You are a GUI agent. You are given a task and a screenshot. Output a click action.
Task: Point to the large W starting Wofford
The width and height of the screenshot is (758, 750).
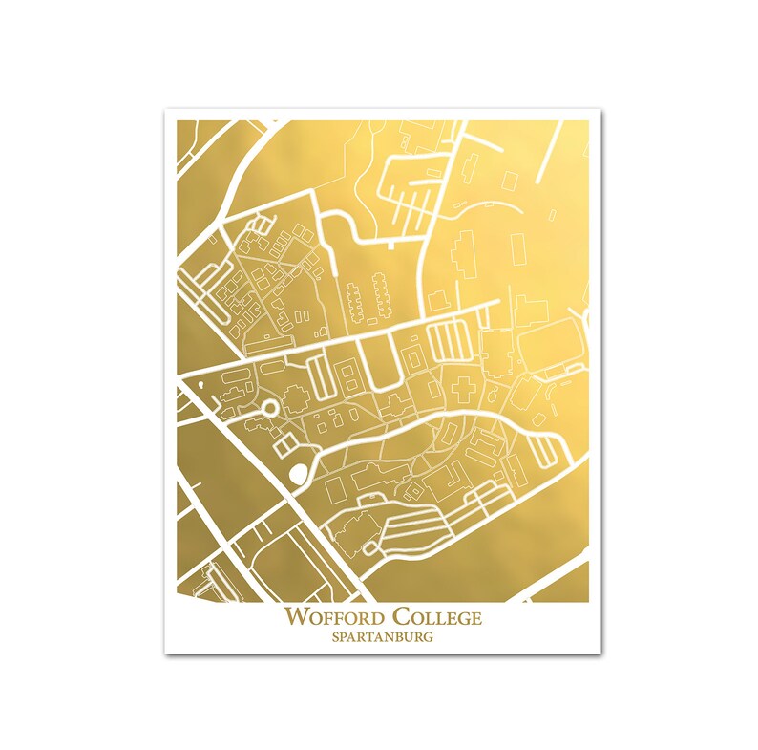coord(293,617)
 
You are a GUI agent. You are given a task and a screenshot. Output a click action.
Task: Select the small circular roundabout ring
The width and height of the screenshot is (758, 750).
coord(269,408)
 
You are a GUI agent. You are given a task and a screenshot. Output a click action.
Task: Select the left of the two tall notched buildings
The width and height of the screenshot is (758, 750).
coord(354,304)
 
